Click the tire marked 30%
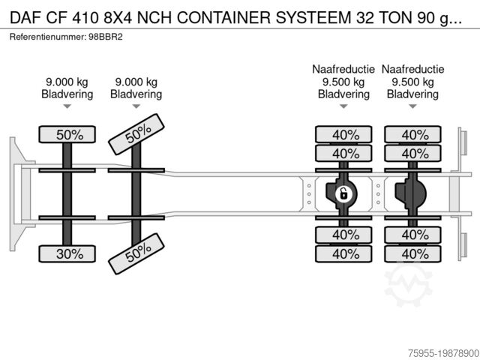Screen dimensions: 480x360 (x=67, y=253)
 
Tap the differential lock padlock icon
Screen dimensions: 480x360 (x=343, y=194)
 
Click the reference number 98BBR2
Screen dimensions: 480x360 (x=106, y=37)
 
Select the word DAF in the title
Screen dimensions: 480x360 (x=25, y=18)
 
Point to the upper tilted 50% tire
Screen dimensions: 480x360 (x=136, y=134)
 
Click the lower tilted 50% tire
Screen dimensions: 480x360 (x=136, y=253)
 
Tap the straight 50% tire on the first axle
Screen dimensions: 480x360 (x=67, y=134)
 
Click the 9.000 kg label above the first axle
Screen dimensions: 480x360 (x=67, y=82)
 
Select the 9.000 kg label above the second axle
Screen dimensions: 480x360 (x=136, y=82)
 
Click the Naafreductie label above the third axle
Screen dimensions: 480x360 (x=343, y=69)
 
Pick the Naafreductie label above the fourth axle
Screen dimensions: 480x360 (x=412, y=69)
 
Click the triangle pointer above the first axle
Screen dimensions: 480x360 (x=67, y=106)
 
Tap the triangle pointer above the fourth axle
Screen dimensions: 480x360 (x=412, y=106)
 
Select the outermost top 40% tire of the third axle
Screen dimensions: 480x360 (x=343, y=134)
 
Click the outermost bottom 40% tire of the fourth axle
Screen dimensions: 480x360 (x=412, y=253)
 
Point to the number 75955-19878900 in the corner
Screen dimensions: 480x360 (x=443, y=353)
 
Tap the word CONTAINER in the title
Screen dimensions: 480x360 (x=223, y=18)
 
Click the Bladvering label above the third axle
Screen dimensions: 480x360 (x=343, y=94)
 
